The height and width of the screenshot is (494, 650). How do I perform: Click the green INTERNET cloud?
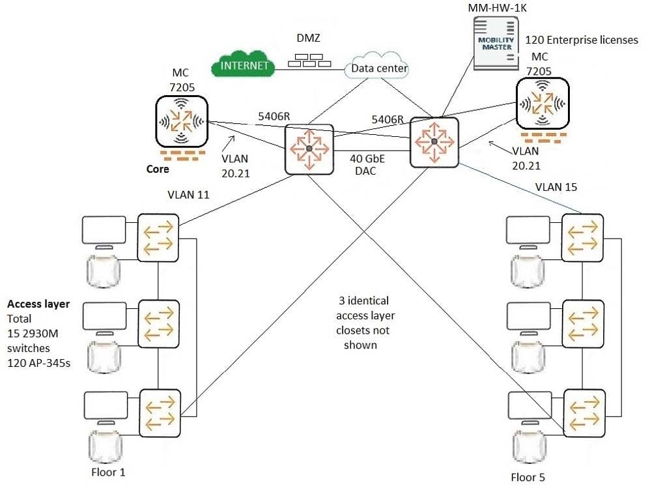tap(244, 65)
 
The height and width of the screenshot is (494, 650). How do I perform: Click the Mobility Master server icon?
tap(496, 43)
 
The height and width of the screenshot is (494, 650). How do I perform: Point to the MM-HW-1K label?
tap(498, 8)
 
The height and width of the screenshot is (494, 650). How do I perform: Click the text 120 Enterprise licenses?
tap(582, 40)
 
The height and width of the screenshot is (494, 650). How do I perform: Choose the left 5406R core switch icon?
tap(309, 150)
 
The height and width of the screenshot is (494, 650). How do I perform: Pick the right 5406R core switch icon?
tap(434, 141)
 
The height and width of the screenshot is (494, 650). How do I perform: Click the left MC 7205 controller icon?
tap(181, 121)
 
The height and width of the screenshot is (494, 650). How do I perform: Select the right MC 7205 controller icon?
tap(542, 104)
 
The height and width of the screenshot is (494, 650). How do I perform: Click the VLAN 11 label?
tap(190, 194)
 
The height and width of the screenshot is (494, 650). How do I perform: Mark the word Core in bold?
tap(158, 169)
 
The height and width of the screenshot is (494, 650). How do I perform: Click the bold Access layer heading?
tap(38, 304)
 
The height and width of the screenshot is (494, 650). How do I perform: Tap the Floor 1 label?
tap(107, 472)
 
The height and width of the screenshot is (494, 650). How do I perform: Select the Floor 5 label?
tap(528, 477)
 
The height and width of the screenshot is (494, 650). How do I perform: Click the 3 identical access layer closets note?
tap(365, 323)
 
